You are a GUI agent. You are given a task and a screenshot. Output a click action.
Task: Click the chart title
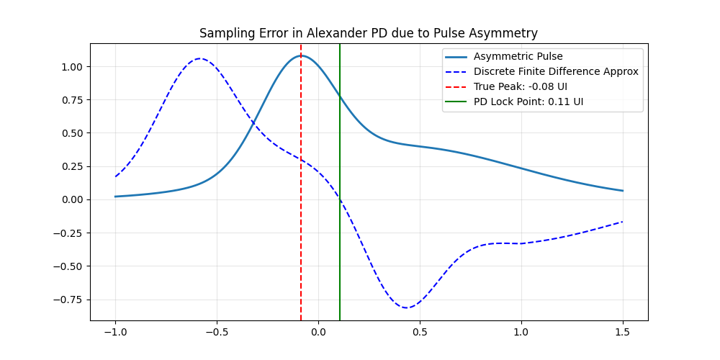coord(368,33)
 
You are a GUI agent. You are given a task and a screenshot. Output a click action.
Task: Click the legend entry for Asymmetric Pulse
coord(518,57)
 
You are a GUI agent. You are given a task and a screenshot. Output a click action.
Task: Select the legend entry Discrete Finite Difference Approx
coord(556,72)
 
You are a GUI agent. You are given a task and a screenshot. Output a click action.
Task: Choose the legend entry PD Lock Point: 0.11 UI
coord(528,102)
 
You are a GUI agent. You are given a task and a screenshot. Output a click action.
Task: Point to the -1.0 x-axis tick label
coord(115,332)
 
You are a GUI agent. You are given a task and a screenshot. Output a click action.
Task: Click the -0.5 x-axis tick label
coord(217,332)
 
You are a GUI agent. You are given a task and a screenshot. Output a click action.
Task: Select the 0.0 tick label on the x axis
coord(318,332)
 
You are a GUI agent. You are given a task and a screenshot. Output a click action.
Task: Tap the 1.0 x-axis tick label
coord(521,332)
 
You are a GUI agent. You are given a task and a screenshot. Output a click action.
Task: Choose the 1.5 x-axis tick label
coord(623,332)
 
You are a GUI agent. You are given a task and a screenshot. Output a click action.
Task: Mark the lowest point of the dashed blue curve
coord(407,307)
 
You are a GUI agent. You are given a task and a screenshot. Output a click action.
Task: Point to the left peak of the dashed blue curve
coord(199,59)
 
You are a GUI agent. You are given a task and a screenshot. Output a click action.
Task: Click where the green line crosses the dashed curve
coord(340,199)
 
